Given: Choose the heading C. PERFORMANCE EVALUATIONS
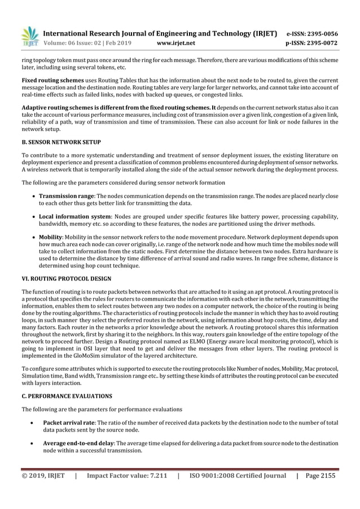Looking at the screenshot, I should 67,396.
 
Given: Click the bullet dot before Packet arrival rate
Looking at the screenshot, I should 36,422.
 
